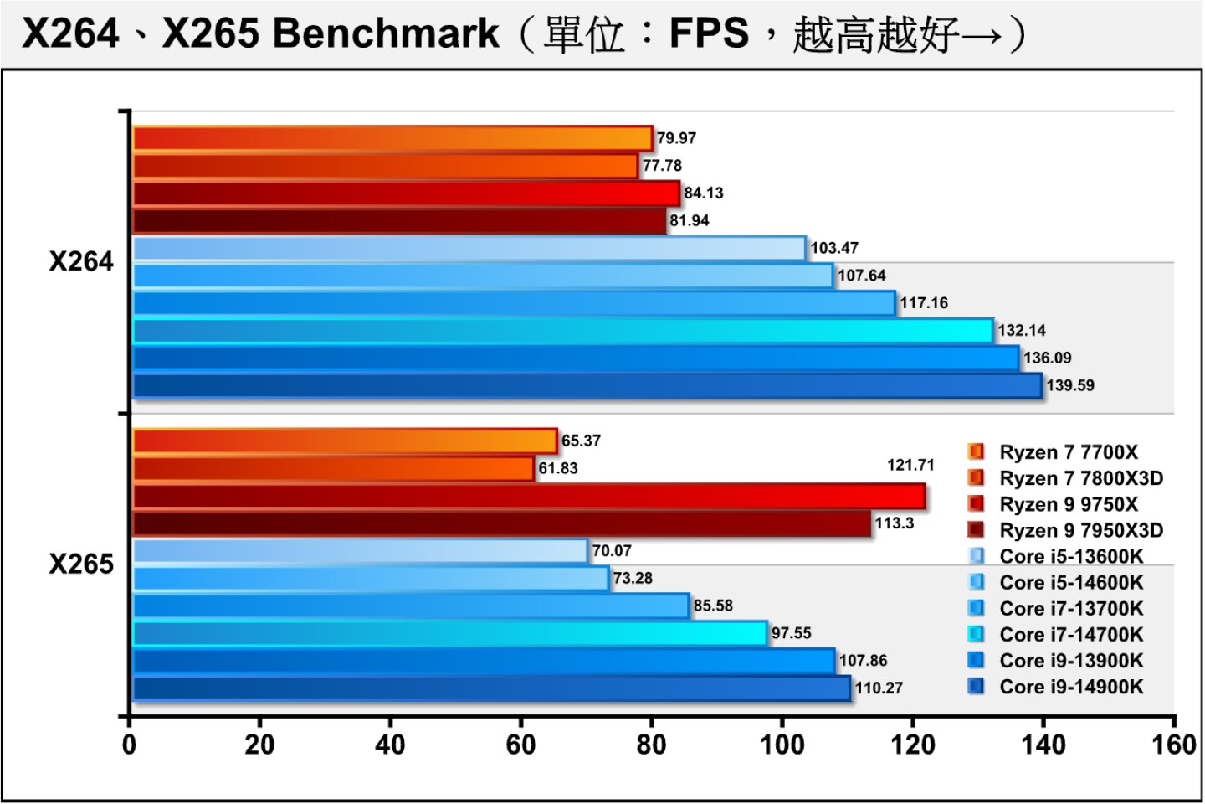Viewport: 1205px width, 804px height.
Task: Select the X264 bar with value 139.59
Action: click(586, 385)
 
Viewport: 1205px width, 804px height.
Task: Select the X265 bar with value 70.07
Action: click(360, 551)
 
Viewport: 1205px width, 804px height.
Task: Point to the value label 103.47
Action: click(834, 248)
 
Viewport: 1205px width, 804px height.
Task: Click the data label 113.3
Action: click(895, 523)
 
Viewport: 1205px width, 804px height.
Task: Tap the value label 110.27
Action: click(879, 688)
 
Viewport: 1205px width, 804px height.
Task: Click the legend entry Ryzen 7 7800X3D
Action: click(1080, 478)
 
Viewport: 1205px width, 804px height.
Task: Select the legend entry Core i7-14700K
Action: click(1070, 635)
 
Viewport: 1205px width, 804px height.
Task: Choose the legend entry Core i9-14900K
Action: click(1070, 687)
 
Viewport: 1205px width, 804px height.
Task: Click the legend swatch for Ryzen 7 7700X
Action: click(976, 452)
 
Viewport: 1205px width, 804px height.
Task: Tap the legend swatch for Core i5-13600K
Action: click(976, 556)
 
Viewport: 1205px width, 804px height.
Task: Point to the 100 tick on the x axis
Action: click(782, 744)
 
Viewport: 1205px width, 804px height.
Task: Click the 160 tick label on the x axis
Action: click(1173, 744)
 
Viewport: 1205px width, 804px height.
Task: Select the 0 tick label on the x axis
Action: click(130, 744)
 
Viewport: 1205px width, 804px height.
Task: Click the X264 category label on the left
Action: click(81, 262)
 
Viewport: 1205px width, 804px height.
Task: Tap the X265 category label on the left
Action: click(81, 564)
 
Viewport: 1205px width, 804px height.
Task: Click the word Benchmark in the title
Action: click(387, 33)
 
